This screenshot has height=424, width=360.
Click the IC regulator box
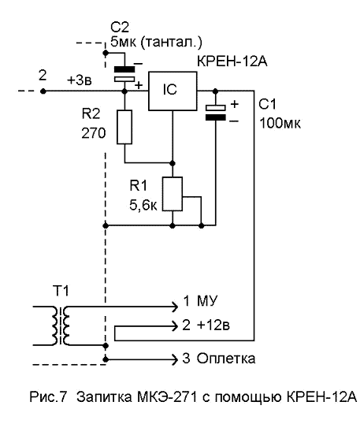[x=173, y=91]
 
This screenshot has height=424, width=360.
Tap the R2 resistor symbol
[x=124, y=127]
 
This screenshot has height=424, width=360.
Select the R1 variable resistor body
[x=173, y=194]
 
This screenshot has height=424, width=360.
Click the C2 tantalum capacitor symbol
[x=124, y=74]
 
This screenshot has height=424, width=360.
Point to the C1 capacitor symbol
[x=215, y=112]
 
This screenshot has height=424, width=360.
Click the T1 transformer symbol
[x=61, y=325]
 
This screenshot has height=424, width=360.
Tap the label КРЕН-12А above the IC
[x=232, y=61]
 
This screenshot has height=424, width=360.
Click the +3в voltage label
[x=80, y=80]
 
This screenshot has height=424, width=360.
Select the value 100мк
[x=280, y=123]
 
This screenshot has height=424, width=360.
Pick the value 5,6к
[x=143, y=206]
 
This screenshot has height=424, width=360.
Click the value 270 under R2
[x=94, y=133]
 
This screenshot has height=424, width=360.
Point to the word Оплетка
[x=225, y=359]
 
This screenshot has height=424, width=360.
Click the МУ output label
[x=207, y=301]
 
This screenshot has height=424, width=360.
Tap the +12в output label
[x=213, y=325]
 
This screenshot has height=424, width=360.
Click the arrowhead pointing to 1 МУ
[x=175, y=307]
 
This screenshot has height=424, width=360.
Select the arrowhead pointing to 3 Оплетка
[x=175, y=359]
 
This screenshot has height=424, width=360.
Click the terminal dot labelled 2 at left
[x=43, y=91]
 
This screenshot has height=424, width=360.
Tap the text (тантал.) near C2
[x=171, y=43]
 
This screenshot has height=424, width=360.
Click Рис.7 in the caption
[x=47, y=397]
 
